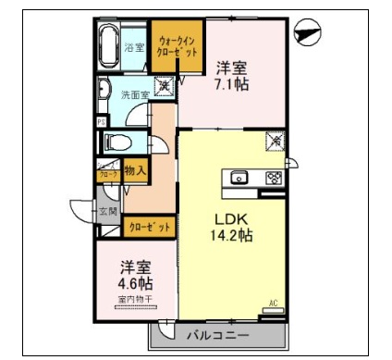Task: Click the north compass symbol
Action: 306,32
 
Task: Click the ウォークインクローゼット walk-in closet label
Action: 177,47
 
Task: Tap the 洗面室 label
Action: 134,94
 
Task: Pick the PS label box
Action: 100,120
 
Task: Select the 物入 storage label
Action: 136,169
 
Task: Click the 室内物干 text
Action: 135,299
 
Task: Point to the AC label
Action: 274,303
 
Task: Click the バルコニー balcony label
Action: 219,335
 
